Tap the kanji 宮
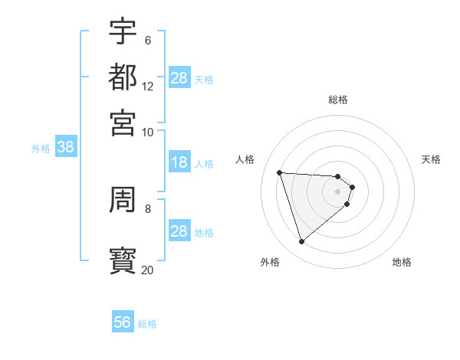123,122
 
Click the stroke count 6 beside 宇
147,40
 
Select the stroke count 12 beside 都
147,86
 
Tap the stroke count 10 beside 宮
147,132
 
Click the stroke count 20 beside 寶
147,270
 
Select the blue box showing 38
65,148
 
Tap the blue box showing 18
179,162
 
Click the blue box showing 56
123,322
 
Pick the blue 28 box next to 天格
179,77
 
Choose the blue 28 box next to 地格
179,231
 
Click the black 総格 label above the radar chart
338,100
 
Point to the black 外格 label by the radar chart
270,262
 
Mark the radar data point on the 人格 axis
280,172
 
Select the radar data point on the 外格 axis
302,241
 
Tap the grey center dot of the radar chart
338,191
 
